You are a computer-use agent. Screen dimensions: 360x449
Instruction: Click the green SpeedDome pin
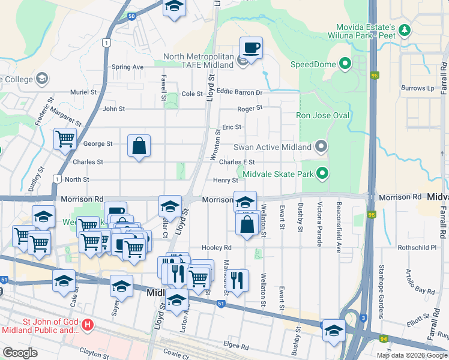(x=345, y=63)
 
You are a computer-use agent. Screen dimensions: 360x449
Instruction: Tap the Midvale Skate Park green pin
(x=322, y=174)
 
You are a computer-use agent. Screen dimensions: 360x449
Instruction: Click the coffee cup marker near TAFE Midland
(x=251, y=47)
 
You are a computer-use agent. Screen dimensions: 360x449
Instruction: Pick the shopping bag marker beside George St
(x=139, y=146)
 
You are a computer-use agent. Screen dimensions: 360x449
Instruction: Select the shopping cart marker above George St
(x=65, y=139)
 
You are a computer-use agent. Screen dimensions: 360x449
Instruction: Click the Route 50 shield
(x=131, y=16)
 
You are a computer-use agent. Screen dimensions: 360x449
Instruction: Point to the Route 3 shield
(x=363, y=317)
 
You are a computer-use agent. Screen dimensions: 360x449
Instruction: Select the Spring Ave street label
(x=127, y=67)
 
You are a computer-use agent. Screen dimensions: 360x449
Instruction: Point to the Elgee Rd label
(x=236, y=346)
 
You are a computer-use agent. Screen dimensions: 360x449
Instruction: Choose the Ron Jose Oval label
(x=322, y=115)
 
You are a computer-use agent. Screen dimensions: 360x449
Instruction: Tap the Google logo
(x=20, y=353)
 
